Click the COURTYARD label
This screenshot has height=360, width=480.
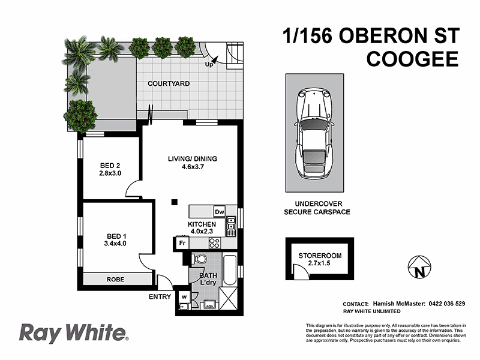[x=169, y=83]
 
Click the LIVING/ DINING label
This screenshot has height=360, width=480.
[x=192, y=159]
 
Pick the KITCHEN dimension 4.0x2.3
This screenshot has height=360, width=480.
[x=203, y=231]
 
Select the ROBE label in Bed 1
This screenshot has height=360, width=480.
[x=116, y=280]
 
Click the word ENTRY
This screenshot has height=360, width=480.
[x=160, y=296]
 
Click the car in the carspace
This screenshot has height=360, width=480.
[x=314, y=135]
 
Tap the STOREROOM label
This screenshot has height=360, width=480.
[x=320, y=256]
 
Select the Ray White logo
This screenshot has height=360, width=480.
[x=74, y=333]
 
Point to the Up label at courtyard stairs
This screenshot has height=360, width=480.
[x=209, y=64]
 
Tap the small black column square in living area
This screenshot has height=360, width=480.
[x=174, y=202]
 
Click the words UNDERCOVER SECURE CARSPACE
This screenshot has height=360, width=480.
[x=317, y=208]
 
